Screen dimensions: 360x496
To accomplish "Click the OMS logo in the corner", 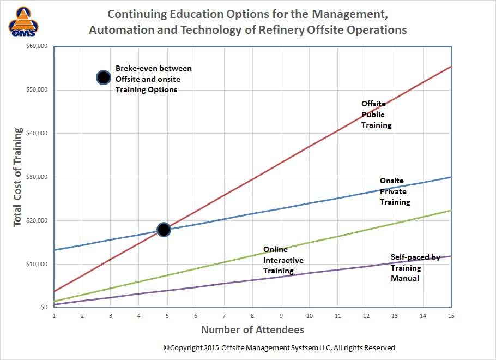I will click(24, 23).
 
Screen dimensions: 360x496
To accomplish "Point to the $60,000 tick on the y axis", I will click(37, 46).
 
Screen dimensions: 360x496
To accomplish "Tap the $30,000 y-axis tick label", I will click(37, 177).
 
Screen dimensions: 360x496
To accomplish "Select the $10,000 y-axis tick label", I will click(37, 265).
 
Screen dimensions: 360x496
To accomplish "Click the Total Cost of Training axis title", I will click(18, 177).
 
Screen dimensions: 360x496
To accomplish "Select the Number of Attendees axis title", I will click(252, 329).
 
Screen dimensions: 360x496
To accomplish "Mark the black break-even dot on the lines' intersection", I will click(164, 230).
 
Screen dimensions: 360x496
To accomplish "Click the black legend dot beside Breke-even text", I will click(103, 77).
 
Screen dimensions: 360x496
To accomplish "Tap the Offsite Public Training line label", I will click(376, 114).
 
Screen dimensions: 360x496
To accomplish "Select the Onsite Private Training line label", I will click(395, 191).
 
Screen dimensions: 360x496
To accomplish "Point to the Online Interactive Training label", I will click(283, 260).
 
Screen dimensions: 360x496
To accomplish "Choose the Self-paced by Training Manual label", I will click(415, 267).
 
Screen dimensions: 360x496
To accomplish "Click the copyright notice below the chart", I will click(279, 347).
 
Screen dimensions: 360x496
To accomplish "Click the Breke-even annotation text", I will click(153, 79).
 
